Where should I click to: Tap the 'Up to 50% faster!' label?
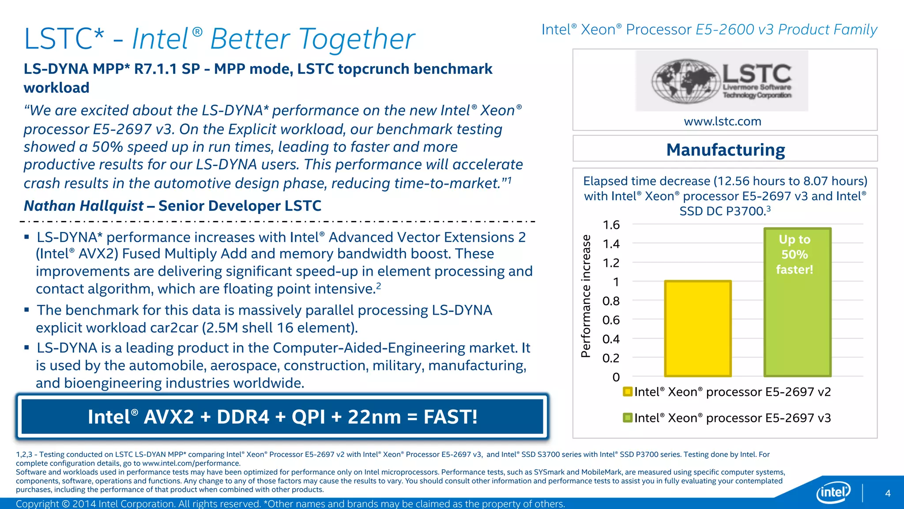click(x=795, y=254)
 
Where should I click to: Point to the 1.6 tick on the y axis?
click(x=611, y=225)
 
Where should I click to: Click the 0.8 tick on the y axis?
click(x=611, y=301)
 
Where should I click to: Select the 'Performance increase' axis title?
click(x=586, y=296)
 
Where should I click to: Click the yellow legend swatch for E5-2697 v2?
click(x=628, y=392)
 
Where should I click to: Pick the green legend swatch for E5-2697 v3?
click(x=628, y=418)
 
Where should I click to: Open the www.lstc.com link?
click(x=723, y=121)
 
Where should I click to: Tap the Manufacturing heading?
click(x=725, y=150)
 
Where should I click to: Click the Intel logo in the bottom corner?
click(x=833, y=492)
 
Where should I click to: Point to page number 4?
click(x=888, y=493)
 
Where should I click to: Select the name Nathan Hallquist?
click(x=84, y=206)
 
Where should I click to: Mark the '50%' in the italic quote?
click(x=105, y=147)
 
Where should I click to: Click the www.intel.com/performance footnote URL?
click(x=191, y=463)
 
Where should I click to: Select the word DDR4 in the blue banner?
click(x=243, y=417)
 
